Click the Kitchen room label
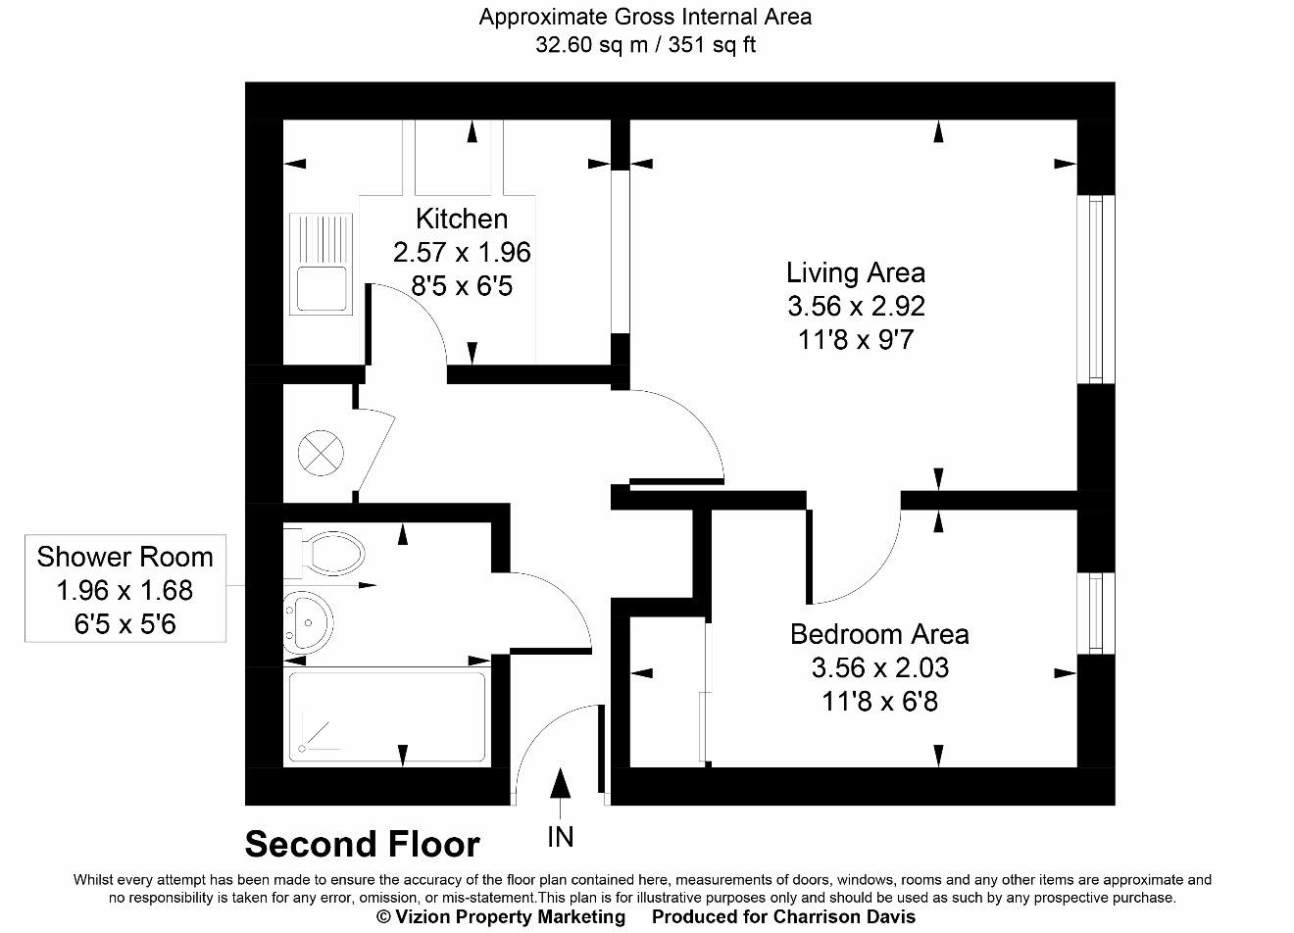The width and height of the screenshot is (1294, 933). [461, 219]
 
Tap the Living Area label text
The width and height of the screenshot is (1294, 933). [855, 272]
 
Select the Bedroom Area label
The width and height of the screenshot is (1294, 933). [878, 634]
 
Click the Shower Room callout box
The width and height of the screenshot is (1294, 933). [124, 589]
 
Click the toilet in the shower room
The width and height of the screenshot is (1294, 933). [328, 552]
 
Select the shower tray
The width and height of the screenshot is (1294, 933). [386, 716]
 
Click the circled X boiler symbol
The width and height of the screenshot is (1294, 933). [320, 455]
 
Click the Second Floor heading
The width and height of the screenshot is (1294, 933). [362, 844]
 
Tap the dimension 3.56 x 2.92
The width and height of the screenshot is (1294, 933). [855, 307]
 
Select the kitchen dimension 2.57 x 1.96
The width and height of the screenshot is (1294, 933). [461, 253]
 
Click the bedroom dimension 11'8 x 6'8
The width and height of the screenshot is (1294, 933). [878, 702]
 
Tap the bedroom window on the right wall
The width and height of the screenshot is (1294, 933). [1095, 613]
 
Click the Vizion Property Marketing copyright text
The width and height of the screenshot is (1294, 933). [500, 917]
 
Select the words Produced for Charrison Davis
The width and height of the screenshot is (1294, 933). [783, 917]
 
